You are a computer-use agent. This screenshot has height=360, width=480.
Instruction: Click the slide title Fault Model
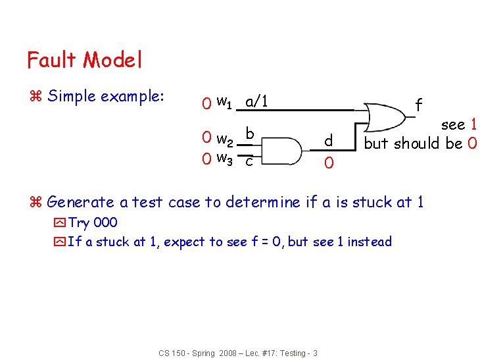84,61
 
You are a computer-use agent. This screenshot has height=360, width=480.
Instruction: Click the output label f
418,104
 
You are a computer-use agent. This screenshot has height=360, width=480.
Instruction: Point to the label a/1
255,102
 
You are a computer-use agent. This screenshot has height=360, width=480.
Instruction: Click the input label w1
224,102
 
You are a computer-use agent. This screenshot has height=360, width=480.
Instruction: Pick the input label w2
224,140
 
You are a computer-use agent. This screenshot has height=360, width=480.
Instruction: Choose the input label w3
224,158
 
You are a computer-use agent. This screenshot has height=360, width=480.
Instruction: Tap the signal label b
250,134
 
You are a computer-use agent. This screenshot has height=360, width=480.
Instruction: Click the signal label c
249,161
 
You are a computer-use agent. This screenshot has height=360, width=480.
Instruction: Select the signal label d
329,141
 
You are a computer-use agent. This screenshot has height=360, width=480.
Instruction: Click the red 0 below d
329,162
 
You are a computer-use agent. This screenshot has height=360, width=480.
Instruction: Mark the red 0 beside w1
206,103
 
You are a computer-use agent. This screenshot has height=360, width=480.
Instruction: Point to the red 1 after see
472,124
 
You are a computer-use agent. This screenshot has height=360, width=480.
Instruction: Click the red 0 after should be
472,143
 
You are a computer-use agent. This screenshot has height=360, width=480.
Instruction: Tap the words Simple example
106,96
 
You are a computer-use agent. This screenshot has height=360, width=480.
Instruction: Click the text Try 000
93,222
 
